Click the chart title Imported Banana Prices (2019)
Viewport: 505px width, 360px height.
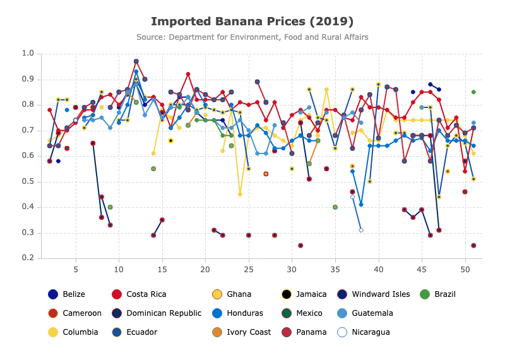(x=252, y=21)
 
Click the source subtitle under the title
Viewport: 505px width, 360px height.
(x=252, y=37)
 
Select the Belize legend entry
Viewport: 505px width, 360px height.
(x=66, y=294)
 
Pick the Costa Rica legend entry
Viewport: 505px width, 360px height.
(x=139, y=294)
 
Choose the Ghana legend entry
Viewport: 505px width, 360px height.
(x=232, y=294)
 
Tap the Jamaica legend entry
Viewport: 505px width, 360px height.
(x=304, y=294)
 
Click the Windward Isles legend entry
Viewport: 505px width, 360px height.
(x=373, y=294)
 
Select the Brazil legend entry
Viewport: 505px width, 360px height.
(x=437, y=294)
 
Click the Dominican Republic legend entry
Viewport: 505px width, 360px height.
(x=156, y=313)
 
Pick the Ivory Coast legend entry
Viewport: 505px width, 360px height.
(x=242, y=332)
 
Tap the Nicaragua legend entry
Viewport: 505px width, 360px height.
(x=364, y=332)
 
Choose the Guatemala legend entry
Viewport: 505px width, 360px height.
(x=365, y=313)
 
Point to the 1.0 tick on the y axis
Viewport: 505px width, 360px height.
(x=28, y=53)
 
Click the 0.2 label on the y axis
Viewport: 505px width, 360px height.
(x=28, y=258)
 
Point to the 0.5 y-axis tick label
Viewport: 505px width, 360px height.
(x=28, y=181)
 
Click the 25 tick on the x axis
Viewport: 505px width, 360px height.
(x=248, y=270)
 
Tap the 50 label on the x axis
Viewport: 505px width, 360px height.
(x=465, y=270)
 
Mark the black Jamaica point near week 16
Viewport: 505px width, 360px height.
(x=170, y=141)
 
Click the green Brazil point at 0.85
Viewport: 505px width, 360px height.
(x=473, y=92)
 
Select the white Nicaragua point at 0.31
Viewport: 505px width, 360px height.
(x=361, y=230)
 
